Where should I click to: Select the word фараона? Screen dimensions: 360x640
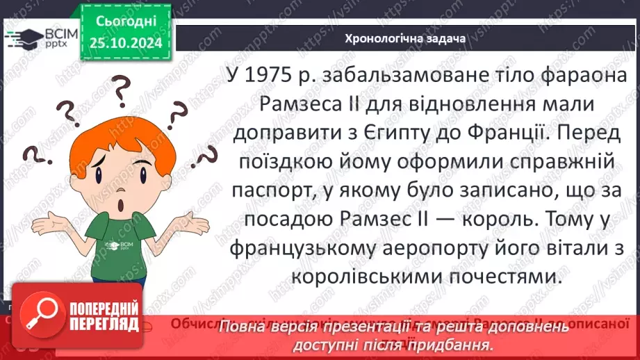point(587,76)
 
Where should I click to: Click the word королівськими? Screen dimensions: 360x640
point(352,277)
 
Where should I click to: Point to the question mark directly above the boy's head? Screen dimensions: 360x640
point(120,90)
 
